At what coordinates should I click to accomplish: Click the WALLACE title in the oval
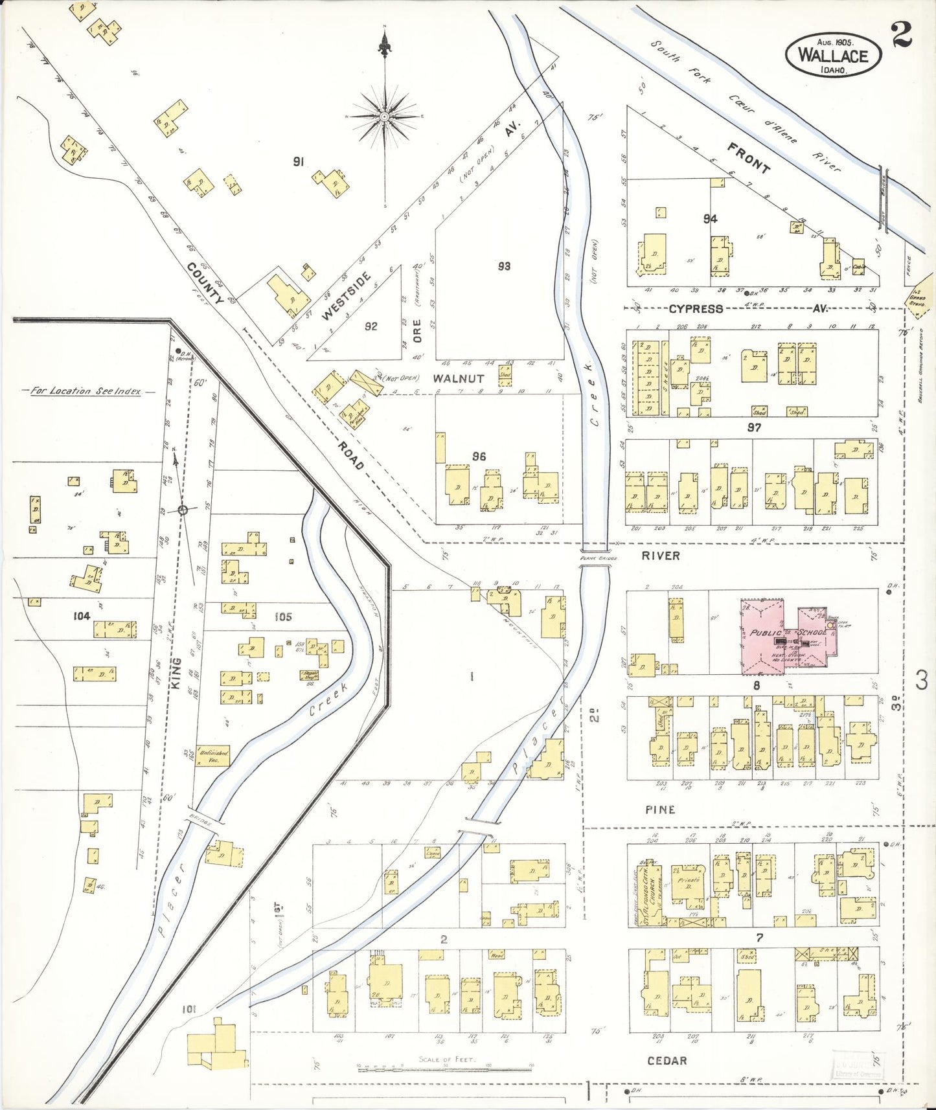point(833,54)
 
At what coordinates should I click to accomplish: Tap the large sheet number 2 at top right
point(901,34)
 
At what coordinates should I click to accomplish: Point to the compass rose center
point(384,117)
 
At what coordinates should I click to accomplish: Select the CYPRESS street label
point(696,309)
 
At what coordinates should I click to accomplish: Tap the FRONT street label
point(749,158)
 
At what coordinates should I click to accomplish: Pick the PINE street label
point(660,810)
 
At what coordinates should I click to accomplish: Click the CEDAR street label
point(667,1060)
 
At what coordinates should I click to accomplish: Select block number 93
point(504,266)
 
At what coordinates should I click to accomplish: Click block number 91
point(298,162)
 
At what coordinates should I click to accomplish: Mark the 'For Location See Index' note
point(86,391)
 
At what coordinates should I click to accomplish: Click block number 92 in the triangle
point(371,326)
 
